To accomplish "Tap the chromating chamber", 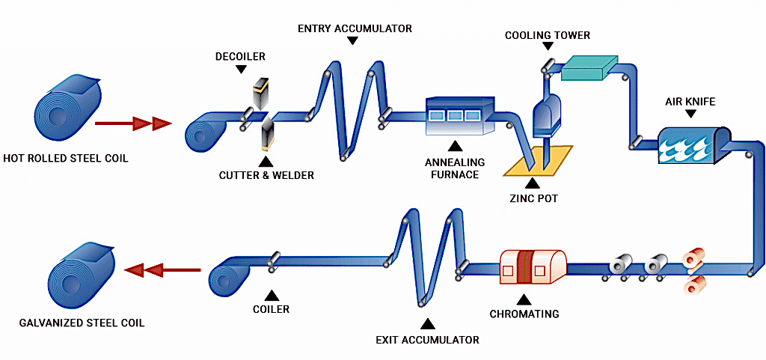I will [x=532, y=266].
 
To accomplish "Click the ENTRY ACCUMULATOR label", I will [x=355, y=28].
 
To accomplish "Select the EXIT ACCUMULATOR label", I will [x=427, y=340].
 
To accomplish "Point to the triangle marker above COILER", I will [x=270, y=293].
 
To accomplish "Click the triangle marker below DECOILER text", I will [x=240, y=70].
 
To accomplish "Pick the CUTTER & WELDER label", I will [x=266, y=176].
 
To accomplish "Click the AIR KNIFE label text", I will [x=690, y=101].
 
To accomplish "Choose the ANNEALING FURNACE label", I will [x=455, y=168].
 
